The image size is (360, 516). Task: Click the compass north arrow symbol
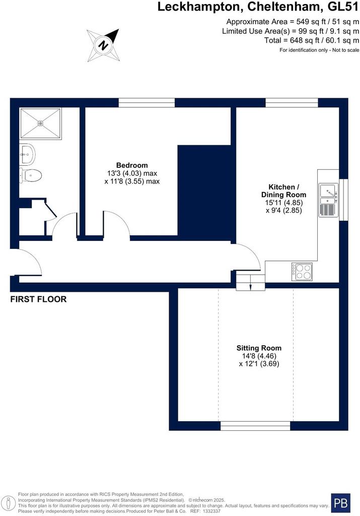coord(103,45)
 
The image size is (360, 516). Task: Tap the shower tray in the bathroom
coord(40,123)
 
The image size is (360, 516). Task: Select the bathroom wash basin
coord(27,154)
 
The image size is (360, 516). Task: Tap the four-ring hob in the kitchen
coord(302,272)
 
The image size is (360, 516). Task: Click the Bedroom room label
coord(132,165)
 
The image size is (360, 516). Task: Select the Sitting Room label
coord(259,348)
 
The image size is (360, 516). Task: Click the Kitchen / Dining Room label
coord(284,191)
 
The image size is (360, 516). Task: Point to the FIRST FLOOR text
coord(38,299)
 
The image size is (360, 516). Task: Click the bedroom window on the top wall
coord(147,103)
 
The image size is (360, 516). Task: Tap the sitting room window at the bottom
coord(255,426)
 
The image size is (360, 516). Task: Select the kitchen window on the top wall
coord(292,103)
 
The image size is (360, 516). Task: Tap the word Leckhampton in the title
coord(200,7)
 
